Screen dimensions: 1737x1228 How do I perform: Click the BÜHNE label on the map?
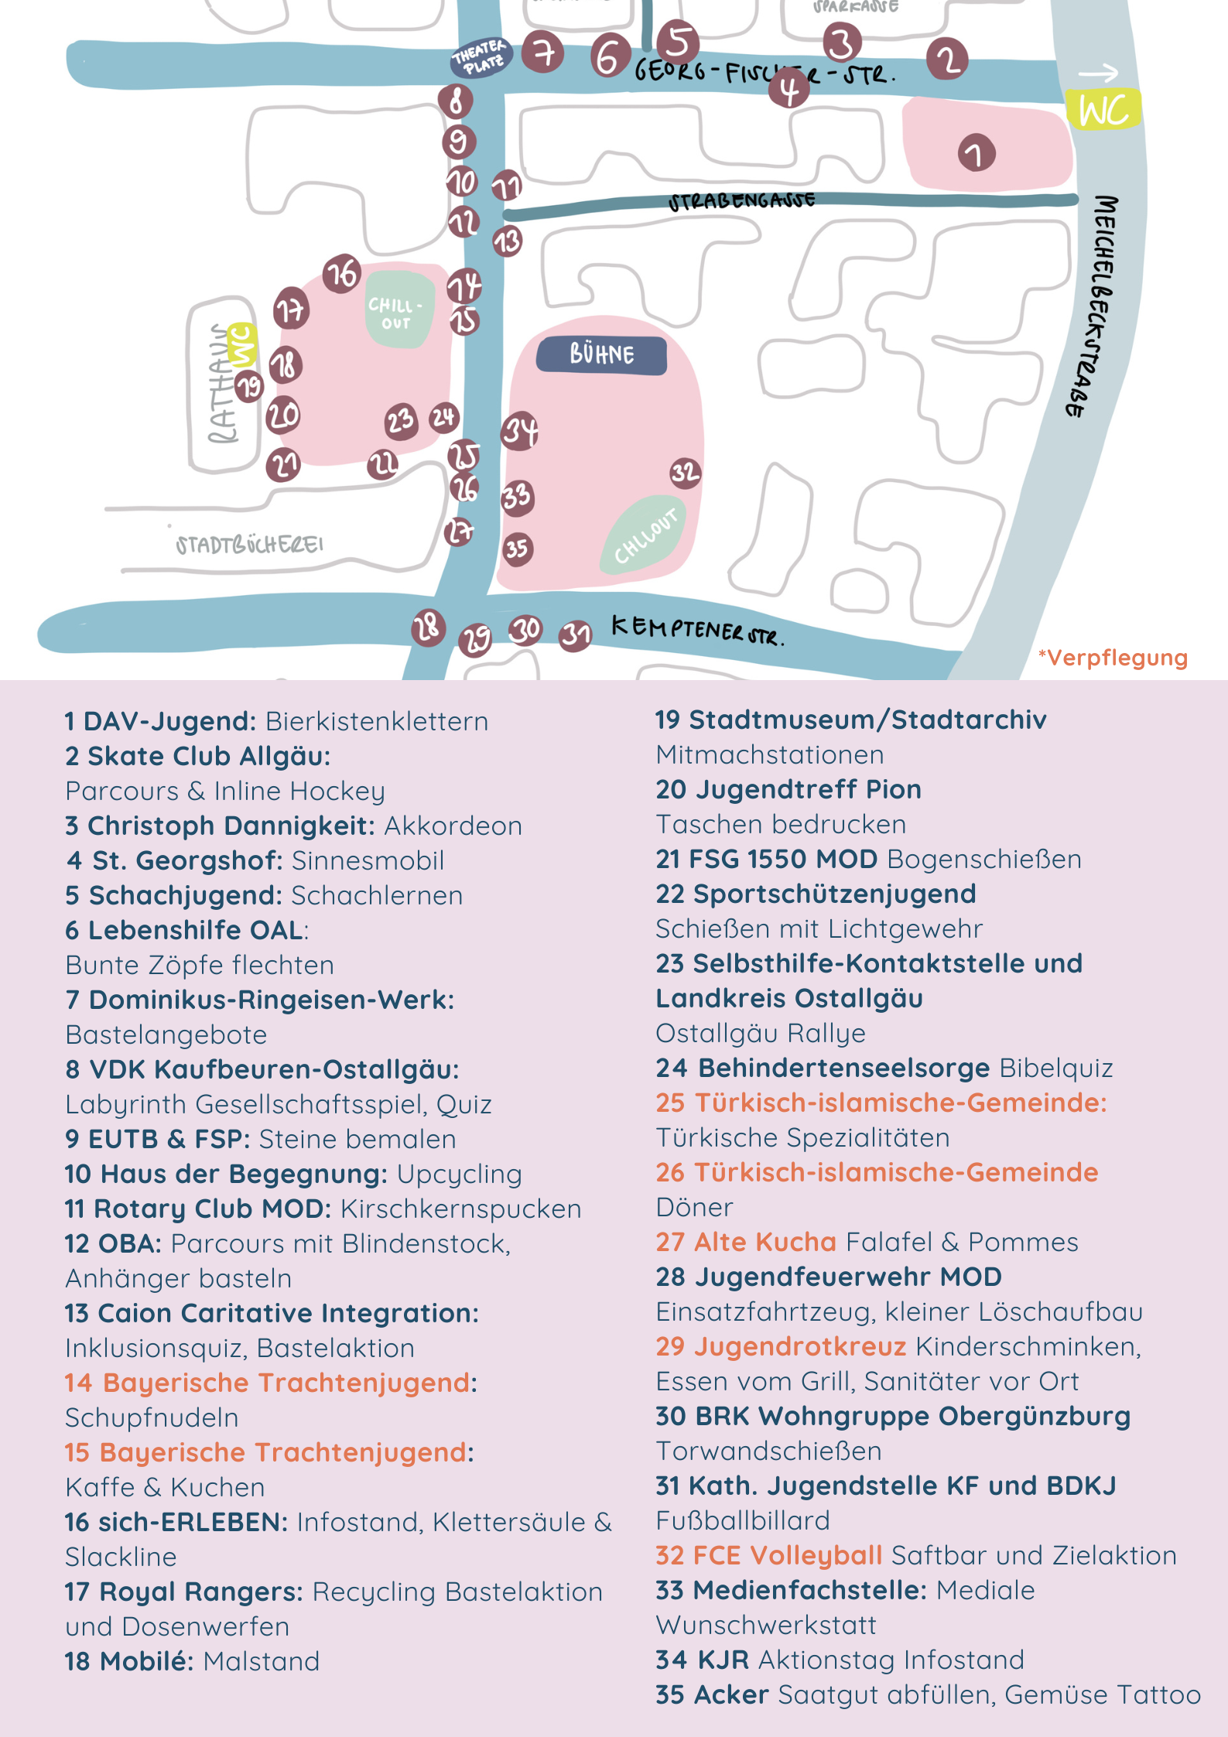(601, 355)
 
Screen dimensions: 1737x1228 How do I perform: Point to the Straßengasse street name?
(741, 201)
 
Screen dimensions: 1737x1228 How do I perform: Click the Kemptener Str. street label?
(697, 630)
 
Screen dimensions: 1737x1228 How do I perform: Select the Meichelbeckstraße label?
(1092, 306)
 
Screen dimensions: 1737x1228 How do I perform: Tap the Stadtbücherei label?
(249, 545)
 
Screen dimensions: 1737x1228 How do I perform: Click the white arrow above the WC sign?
(1098, 73)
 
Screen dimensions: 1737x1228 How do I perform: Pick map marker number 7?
(543, 53)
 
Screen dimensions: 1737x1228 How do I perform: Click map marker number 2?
(947, 59)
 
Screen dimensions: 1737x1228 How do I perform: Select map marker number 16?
(342, 273)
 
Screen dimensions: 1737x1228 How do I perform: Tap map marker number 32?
(685, 472)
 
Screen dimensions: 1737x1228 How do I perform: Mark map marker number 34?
(520, 431)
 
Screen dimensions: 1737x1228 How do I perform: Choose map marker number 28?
(428, 627)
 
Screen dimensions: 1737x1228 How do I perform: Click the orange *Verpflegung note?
(1113, 658)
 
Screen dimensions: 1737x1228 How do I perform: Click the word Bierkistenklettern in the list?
(377, 721)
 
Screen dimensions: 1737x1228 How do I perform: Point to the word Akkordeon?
(453, 826)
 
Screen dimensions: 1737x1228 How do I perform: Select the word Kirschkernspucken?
(460, 1209)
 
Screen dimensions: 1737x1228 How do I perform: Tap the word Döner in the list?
(694, 1207)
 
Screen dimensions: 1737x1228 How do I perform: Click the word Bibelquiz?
(1055, 1068)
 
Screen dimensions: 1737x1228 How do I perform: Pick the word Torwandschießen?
(768, 1451)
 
